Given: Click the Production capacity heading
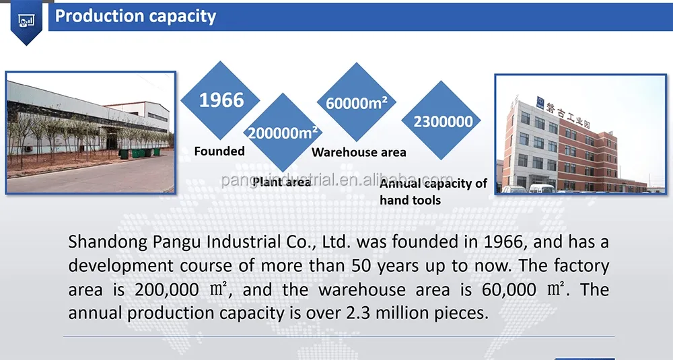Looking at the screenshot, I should pyautogui.click(x=135, y=16).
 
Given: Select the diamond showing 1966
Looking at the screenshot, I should pyautogui.click(x=221, y=101).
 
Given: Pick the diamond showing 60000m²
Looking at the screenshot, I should pyautogui.click(x=357, y=103).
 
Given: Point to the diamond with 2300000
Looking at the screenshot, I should pyautogui.click(x=443, y=122).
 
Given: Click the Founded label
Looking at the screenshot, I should pyautogui.click(x=219, y=151).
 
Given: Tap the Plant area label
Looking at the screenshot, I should pyautogui.click(x=281, y=182).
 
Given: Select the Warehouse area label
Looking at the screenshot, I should pyautogui.click(x=359, y=153).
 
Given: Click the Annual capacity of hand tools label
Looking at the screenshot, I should pyautogui.click(x=433, y=191).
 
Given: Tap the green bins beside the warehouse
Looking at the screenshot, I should pyautogui.click(x=138, y=153).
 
